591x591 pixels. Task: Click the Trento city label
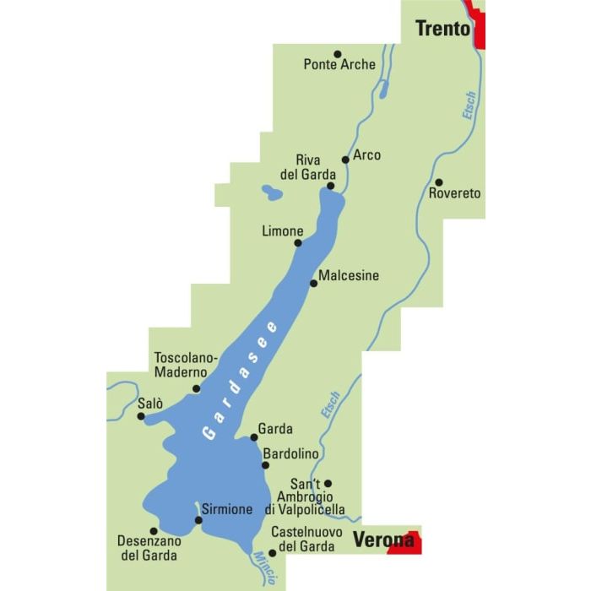pyautogui.click(x=442, y=29)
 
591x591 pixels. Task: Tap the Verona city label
pyautogui.click(x=383, y=539)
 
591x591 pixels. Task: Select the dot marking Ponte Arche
pyautogui.click(x=337, y=52)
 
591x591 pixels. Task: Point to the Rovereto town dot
pyautogui.click(x=439, y=182)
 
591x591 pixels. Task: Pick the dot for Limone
pyautogui.click(x=297, y=243)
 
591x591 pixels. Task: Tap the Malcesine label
pyautogui.click(x=349, y=275)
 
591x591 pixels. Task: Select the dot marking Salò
pyautogui.click(x=141, y=415)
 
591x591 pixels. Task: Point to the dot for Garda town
pyautogui.click(x=253, y=436)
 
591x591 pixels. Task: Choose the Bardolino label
pyautogui.click(x=290, y=454)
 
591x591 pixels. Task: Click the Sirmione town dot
pyautogui.click(x=199, y=520)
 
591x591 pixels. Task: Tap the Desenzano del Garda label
pyautogui.click(x=149, y=548)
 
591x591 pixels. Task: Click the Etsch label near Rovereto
pyautogui.click(x=469, y=106)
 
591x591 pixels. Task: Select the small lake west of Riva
pyautogui.click(x=272, y=192)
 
